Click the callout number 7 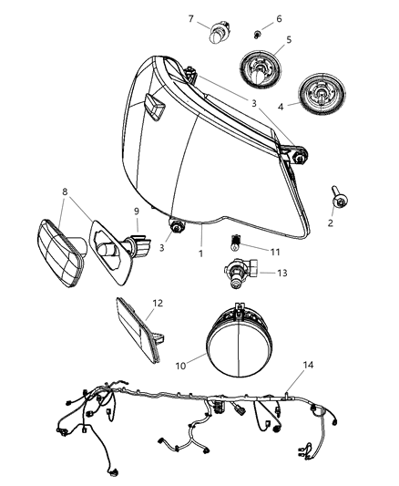[x=190, y=18]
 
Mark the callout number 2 [x=331, y=222]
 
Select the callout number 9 [x=137, y=212]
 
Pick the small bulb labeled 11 [x=235, y=242]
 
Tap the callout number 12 [x=157, y=302]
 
